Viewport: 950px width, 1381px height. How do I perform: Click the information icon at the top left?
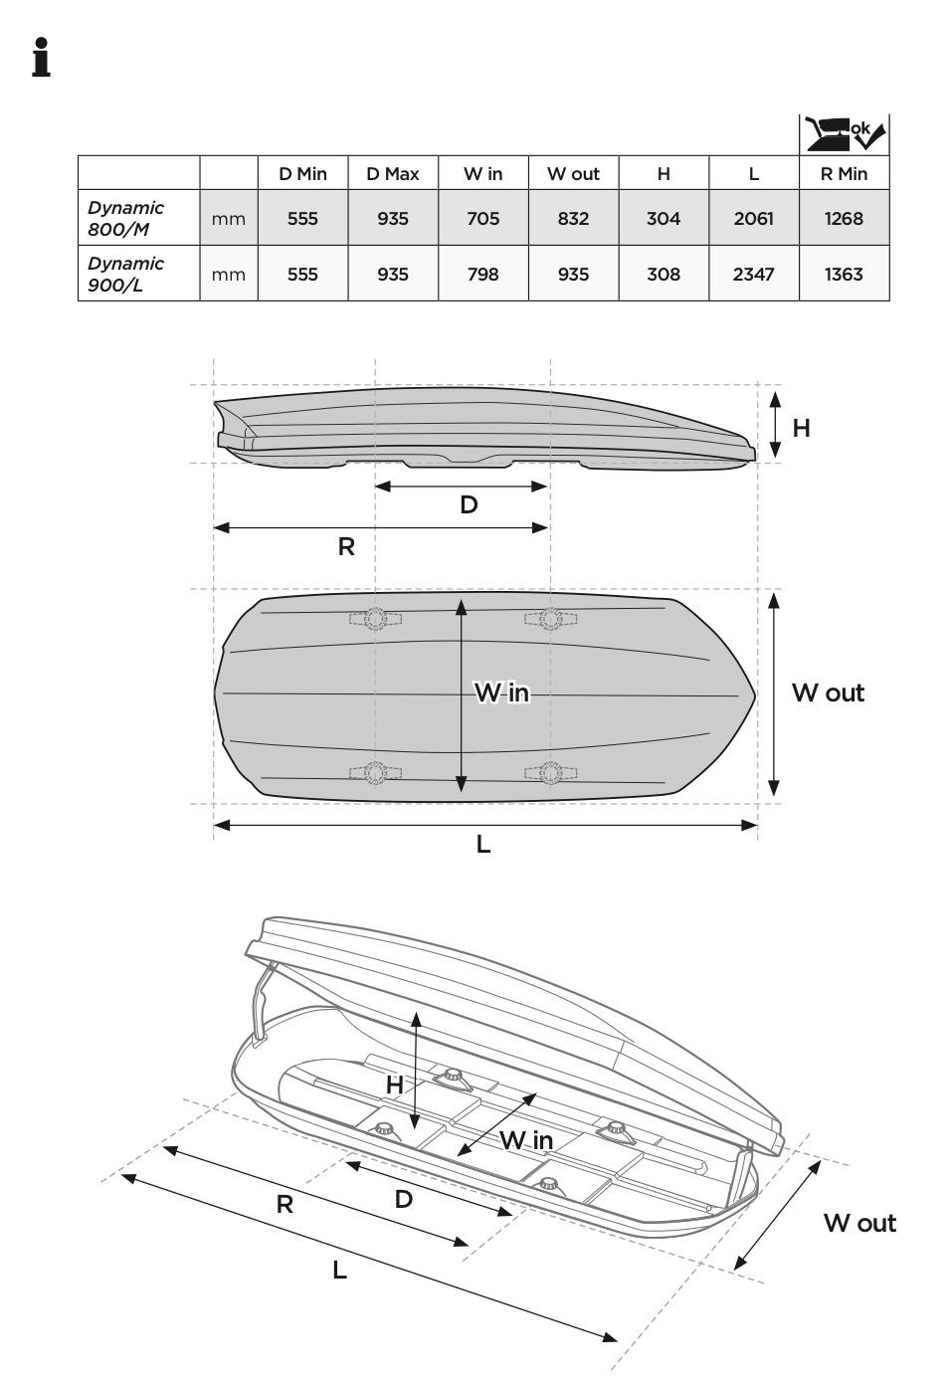tap(41, 57)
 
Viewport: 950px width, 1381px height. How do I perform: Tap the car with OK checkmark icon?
tap(844, 134)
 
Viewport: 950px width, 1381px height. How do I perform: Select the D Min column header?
tap(302, 174)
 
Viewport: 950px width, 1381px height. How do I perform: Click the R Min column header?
tap(844, 174)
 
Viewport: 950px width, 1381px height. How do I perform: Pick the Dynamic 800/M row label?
tap(125, 218)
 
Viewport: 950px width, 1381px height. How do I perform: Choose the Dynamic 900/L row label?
tap(125, 274)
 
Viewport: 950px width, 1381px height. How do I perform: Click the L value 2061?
tap(753, 219)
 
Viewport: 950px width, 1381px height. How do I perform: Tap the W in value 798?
tap(482, 275)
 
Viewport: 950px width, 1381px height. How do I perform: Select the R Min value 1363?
tap(844, 275)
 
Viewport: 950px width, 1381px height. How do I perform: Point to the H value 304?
tap(664, 219)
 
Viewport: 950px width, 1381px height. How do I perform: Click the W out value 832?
tap(573, 219)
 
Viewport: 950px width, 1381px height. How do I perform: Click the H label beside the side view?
tap(801, 428)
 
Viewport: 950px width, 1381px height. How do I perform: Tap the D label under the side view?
tap(469, 505)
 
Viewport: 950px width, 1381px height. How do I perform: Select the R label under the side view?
tap(346, 546)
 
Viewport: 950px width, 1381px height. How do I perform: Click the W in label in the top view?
tap(501, 692)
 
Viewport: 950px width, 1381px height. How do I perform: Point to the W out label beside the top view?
tap(828, 692)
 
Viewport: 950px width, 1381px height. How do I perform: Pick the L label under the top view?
tap(483, 845)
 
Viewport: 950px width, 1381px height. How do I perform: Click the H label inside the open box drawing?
tap(395, 1085)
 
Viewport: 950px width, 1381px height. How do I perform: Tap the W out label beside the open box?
tap(859, 1223)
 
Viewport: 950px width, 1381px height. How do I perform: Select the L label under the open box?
tap(339, 1271)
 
